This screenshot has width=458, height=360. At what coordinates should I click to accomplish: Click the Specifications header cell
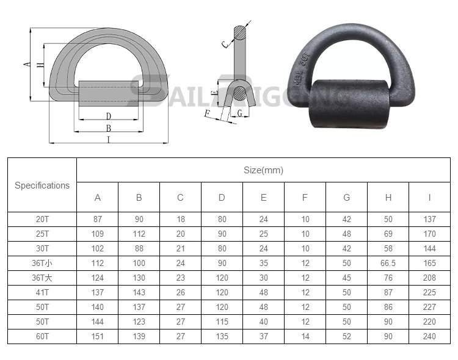click(42, 185)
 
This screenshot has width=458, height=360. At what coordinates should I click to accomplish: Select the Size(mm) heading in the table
click(263, 170)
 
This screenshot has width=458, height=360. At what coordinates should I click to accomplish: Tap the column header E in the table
click(263, 198)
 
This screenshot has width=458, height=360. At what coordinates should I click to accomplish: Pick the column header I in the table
click(429, 198)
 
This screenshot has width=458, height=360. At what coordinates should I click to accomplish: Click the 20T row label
click(42, 219)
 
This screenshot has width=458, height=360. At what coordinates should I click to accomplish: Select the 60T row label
click(42, 337)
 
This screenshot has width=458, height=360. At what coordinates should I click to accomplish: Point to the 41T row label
click(42, 293)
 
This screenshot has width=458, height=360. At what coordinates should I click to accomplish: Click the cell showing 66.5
click(388, 263)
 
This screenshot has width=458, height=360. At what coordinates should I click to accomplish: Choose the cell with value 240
click(429, 337)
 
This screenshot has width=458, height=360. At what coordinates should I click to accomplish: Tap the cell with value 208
click(429, 278)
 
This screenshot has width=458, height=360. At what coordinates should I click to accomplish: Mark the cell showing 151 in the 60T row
click(98, 337)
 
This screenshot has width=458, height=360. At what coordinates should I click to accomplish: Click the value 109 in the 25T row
click(98, 234)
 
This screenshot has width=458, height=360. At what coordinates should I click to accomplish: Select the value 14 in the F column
click(305, 337)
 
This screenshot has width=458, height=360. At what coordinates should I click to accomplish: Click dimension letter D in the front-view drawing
click(108, 116)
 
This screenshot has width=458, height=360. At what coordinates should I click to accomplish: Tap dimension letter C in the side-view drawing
click(225, 43)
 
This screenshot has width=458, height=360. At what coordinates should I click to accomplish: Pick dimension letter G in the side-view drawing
click(240, 113)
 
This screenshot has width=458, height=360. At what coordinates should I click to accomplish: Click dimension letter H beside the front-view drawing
click(40, 66)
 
